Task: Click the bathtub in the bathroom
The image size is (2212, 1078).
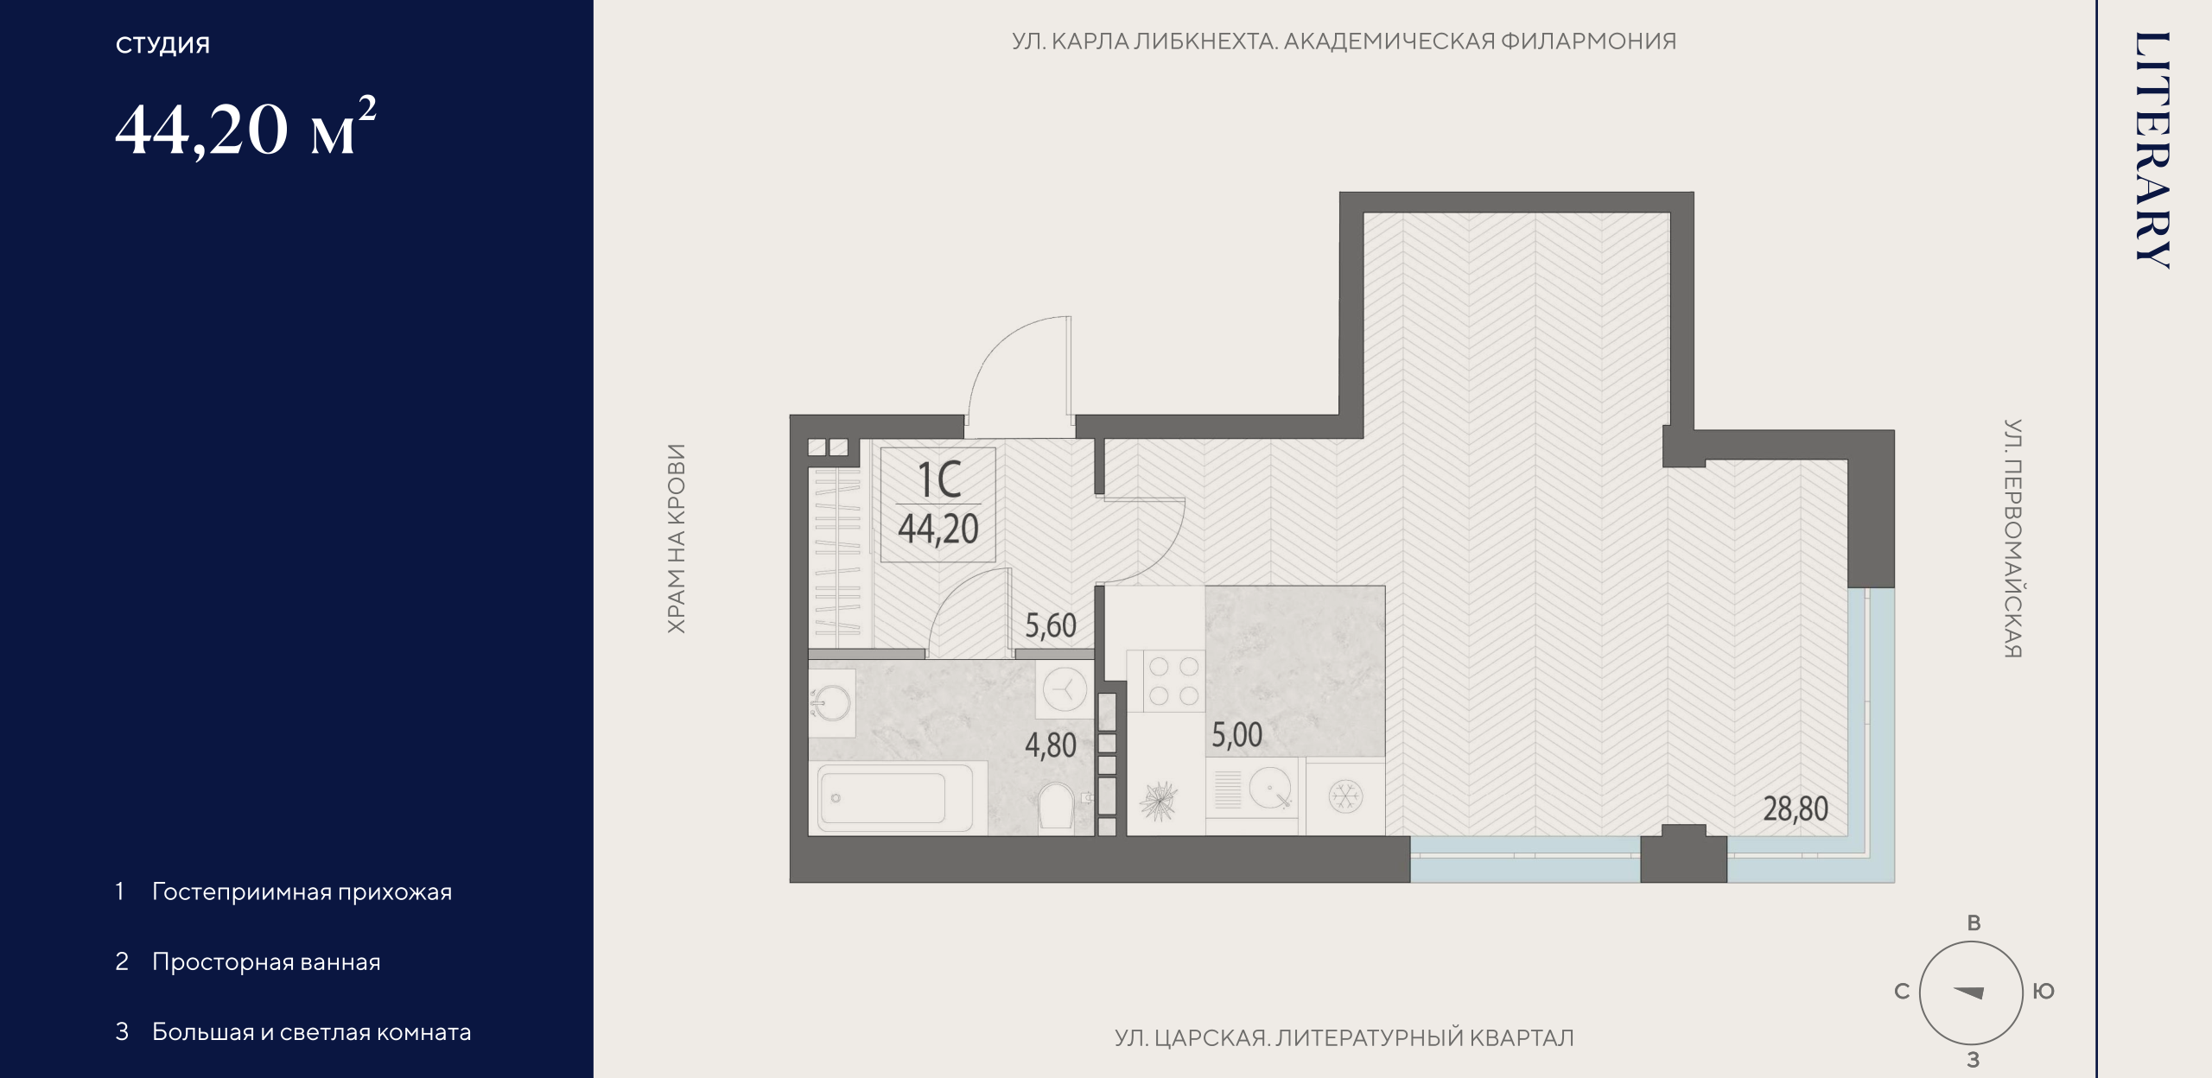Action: tap(898, 798)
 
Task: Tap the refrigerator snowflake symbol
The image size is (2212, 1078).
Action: tap(1344, 796)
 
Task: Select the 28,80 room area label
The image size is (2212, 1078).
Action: tap(1796, 809)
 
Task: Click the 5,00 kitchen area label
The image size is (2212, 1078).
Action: tap(1236, 735)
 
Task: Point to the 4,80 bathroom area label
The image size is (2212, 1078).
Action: tap(1051, 745)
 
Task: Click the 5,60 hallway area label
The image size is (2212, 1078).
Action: tap(1051, 625)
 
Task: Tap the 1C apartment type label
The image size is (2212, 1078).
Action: tap(938, 479)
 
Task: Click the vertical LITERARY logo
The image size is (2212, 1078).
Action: tap(2152, 150)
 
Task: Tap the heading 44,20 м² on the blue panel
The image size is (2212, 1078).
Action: tap(245, 128)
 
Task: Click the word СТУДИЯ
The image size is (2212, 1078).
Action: tap(162, 45)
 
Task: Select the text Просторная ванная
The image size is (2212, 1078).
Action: tap(266, 962)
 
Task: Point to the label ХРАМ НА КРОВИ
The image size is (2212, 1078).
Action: tap(677, 539)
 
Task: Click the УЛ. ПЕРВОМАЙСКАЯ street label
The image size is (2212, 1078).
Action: tap(2012, 539)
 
